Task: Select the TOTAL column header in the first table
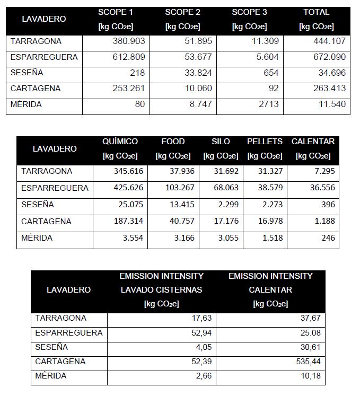[316, 12]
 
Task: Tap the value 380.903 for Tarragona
[129, 41]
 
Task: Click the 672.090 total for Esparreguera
[329, 57]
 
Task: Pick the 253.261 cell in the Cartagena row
[129, 89]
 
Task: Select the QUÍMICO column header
[120, 142]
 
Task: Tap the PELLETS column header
[265, 142]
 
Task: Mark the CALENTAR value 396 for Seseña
[328, 205]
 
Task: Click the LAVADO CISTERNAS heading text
[161, 290]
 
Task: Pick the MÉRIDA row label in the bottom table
[51, 376]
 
